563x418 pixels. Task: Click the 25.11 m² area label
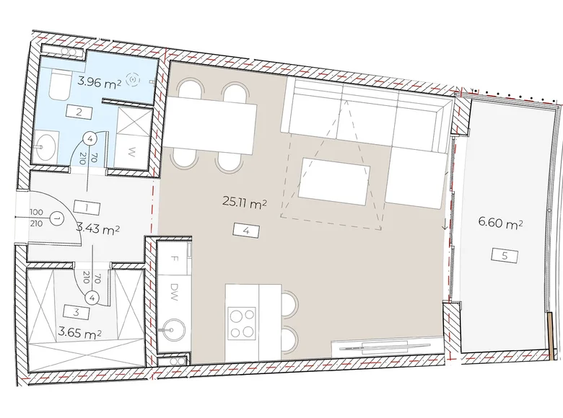pyautogui.click(x=245, y=204)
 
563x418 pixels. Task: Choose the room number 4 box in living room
pyautogui.click(x=245, y=231)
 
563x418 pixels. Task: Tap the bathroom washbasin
pyautogui.click(x=45, y=147)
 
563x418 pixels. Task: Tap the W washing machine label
pyautogui.click(x=134, y=151)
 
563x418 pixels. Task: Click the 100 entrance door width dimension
pyautogui.click(x=36, y=214)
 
